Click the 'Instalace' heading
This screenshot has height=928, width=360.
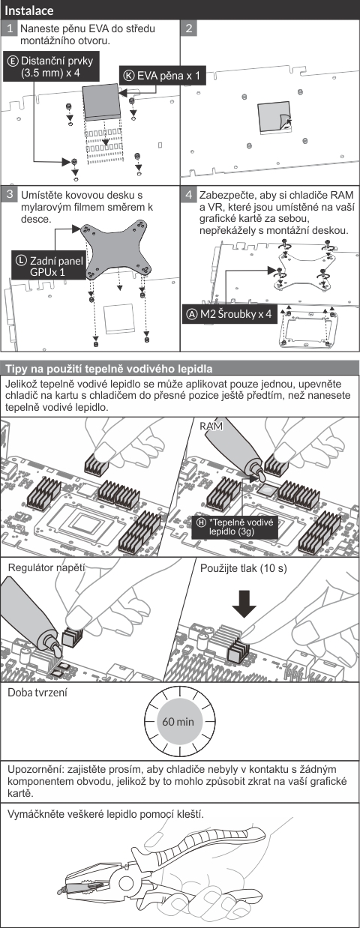pyautogui.click(x=29, y=10)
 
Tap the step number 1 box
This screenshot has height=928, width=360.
pyautogui.click(x=9, y=28)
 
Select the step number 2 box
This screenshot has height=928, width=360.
pyautogui.click(x=189, y=28)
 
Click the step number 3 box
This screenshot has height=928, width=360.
pyautogui.click(x=9, y=194)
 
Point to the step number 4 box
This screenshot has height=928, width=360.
pyautogui.click(x=189, y=194)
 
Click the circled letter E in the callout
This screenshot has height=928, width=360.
pyautogui.click(x=13, y=61)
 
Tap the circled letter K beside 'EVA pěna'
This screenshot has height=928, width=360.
pyautogui.click(x=130, y=76)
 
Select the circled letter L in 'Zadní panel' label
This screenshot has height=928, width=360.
pyautogui.click(x=21, y=261)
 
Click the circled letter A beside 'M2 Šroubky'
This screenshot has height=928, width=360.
pyautogui.click(x=191, y=314)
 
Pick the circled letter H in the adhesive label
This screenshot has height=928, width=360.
pyautogui.click(x=201, y=522)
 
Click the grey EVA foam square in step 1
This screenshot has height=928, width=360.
pyautogui.click(x=101, y=101)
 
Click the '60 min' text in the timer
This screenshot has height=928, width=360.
pyautogui.click(x=178, y=722)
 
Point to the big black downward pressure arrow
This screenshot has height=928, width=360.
pyautogui.click(x=244, y=603)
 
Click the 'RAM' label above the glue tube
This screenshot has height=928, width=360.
pyautogui.click(x=211, y=426)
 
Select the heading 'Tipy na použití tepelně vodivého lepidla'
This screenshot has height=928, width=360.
pyautogui.click(x=109, y=369)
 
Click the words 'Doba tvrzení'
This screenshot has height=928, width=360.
pyautogui.click(x=37, y=693)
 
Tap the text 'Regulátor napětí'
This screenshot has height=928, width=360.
pyautogui.click(x=46, y=567)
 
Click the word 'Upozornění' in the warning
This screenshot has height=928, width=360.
pyautogui.click(x=34, y=770)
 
